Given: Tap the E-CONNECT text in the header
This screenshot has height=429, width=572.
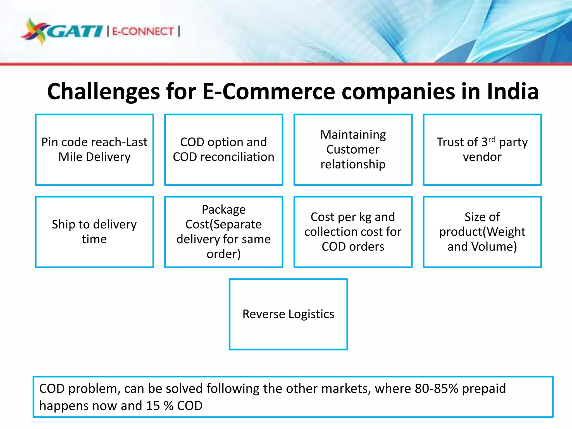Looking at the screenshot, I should point(143,31).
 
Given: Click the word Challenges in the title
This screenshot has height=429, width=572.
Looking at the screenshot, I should point(103,92).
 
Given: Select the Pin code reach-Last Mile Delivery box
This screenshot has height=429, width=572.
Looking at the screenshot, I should point(94,149).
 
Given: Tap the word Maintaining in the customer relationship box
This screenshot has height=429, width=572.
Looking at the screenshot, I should point(353,135).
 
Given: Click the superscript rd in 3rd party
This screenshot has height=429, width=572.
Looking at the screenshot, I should point(492,139).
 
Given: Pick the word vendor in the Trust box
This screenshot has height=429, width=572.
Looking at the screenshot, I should point(482,157).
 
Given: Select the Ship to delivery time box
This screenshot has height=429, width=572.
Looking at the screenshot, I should point(94,232).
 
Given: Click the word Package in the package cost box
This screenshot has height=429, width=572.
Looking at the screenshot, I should point(224,209).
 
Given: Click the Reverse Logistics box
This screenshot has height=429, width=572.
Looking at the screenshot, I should point(288,314).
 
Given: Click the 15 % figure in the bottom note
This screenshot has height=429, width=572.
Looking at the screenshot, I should point(160,406).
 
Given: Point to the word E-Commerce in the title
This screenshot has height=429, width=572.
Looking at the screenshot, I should point(268,92).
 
